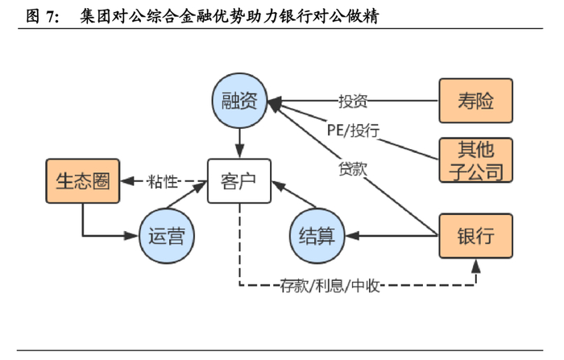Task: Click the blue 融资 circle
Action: click(239, 100)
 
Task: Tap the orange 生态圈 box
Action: click(81, 180)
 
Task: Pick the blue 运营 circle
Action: click(167, 235)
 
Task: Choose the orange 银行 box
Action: click(475, 235)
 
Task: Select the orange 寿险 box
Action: click(475, 101)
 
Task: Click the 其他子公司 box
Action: click(475, 159)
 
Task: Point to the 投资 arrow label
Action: click(353, 101)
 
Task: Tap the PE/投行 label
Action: click(353, 129)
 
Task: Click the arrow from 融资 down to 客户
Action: click(239, 143)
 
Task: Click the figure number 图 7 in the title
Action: click(42, 15)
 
